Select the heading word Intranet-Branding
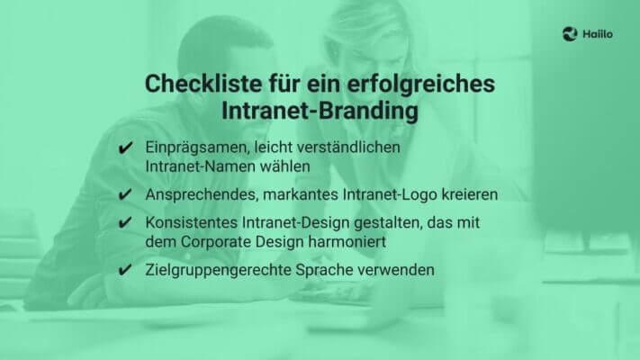coord(320,112)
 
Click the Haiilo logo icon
coord(569,33)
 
